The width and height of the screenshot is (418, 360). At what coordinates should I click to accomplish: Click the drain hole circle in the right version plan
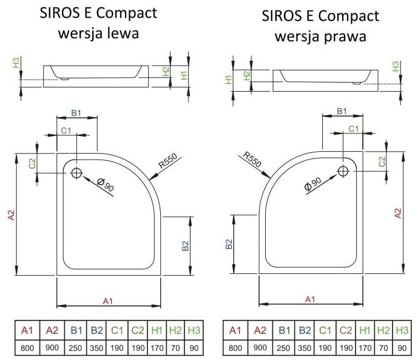343,172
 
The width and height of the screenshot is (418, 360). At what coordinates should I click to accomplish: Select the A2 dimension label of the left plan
10,216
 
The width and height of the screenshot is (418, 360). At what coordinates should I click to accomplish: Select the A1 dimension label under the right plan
310,299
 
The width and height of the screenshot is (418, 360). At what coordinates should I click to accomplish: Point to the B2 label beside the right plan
229,245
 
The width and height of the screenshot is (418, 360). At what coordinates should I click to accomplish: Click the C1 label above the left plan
67,131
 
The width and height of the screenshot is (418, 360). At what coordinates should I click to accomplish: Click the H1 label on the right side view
229,79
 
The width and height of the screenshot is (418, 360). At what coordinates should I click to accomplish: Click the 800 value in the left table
27,348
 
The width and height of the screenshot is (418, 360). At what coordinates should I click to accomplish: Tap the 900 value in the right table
260,348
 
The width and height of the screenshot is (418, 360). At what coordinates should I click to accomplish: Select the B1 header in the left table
76,330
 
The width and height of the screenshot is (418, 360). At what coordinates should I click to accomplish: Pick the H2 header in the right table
383,330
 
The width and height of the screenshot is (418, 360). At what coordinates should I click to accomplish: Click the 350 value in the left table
96,348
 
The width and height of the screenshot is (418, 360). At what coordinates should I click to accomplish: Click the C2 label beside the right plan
382,161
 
